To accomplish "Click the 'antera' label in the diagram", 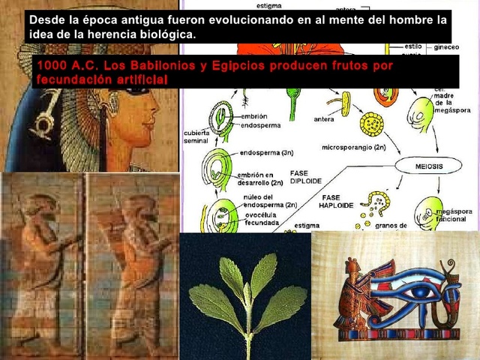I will [324, 118].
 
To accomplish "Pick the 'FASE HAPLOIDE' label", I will [335, 199].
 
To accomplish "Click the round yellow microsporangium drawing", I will [371, 123].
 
